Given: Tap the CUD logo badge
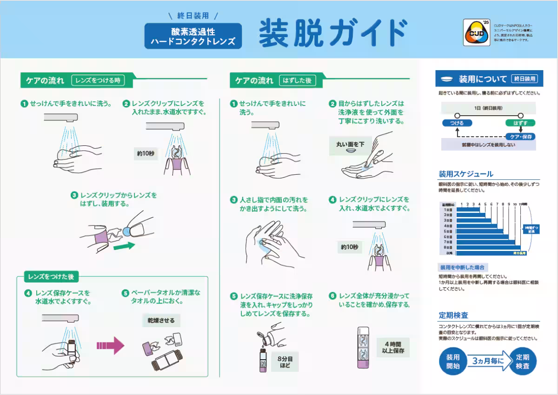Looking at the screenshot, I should coord(476,33).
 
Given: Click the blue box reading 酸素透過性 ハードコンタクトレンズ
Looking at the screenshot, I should coord(193,36).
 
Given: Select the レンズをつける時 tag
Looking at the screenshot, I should coord(101,80).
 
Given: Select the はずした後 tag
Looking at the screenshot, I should coord(297,80).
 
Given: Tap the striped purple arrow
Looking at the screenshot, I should coord(110,345).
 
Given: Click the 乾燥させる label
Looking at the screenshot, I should coord(161,321).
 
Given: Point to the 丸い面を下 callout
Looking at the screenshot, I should coord(350,145).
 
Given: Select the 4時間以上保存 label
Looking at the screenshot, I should coord(393,348).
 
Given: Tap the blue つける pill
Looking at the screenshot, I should coord(457,123).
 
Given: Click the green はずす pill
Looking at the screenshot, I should coord(520,123).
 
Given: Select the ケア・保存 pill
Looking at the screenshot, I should coord(520,137).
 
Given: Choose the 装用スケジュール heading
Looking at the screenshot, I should coord(466,174).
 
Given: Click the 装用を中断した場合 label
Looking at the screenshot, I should coord(462,267).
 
